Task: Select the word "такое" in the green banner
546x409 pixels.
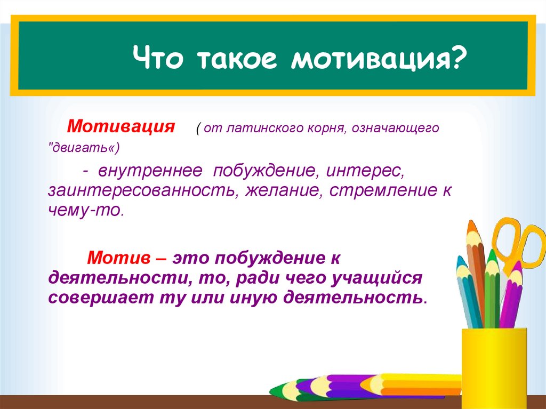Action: click(x=237, y=59)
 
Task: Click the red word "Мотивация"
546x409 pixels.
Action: click(x=121, y=126)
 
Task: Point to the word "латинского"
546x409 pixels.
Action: click(x=264, y=128)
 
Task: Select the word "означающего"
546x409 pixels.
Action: click(x=395, y=129)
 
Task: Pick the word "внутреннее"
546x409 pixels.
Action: click(x=150, y=170)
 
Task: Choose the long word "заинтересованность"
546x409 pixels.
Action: click(x=141, y=190)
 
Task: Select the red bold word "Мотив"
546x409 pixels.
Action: click(x=119, y=258)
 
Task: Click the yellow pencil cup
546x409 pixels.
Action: click(x=494, y=368)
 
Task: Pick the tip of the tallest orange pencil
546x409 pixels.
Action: click(x=470, y=221)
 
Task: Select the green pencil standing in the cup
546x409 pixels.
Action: click(x=492, y=289)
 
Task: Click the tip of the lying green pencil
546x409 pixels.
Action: click(x=271, y=389)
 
